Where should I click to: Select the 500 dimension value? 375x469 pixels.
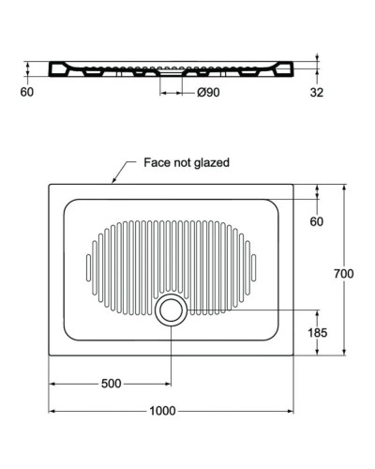coord(111,384)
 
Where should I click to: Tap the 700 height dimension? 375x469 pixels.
coord(344,273)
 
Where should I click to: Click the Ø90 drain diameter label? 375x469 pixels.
coord(208,92)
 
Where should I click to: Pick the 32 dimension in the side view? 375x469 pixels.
coord(316,92)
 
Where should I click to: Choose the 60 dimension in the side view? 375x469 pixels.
coord(26,92)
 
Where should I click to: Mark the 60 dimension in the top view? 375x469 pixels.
coord(316,221)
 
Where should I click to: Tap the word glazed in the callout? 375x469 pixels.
coord(212,162)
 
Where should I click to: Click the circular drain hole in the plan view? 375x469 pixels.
coord(171,310)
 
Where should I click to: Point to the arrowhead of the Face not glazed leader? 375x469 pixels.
coord(112,182)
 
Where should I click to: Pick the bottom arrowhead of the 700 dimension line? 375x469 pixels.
coord(344,356)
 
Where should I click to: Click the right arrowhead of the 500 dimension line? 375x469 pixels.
coord(168,384)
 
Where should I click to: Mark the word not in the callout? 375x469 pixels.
coord(183,162)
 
